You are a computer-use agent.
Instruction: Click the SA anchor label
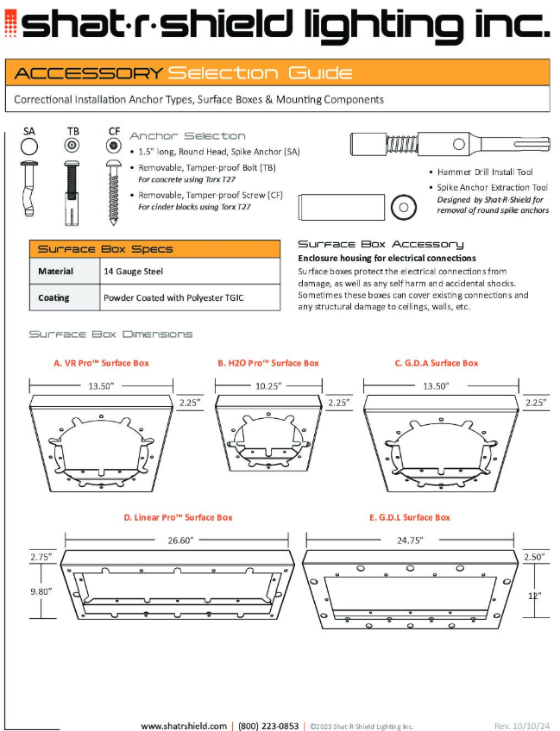tap(29, 131)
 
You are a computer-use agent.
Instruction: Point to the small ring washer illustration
tap(401, 208)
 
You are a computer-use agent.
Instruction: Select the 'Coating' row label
tap(53, 298)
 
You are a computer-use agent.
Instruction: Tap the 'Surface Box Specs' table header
tap(104, 249)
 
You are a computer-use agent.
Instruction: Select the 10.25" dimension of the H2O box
tap(268, 386)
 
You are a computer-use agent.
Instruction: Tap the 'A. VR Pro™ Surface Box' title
tap(101, 363)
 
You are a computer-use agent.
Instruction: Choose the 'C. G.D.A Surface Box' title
tap(437, 363)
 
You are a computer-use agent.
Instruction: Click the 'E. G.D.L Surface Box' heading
tap(410, 517)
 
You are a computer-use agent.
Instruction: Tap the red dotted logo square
tap(10, 27)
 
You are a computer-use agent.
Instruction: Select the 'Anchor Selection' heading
tap(187, 136)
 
